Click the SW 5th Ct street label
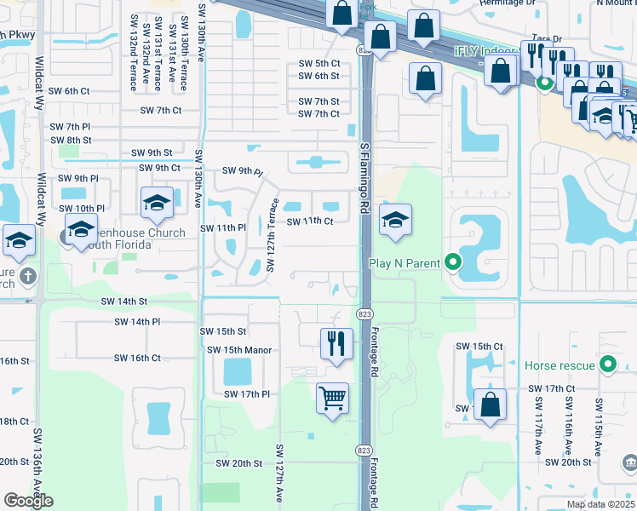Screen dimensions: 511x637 point(319,64)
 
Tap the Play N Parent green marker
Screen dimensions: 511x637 point(452,263)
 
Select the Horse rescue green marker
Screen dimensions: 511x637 point(607,365)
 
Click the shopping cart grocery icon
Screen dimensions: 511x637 point(332,397)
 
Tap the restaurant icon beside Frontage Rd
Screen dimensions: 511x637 point(336,343)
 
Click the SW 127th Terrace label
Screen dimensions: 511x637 point(273,235)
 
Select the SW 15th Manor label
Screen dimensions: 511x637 point(238,350)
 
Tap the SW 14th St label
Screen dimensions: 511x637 point(124,301)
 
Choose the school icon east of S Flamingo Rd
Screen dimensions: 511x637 point(395,221)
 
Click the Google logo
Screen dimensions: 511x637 point(28,501)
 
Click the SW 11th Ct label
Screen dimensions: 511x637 point(308,221)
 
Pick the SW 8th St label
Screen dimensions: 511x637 point(71,141)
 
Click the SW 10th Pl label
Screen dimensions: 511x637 point(83,209)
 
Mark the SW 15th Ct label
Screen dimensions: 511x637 point(479,347)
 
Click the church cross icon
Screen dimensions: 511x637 point(27,276)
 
